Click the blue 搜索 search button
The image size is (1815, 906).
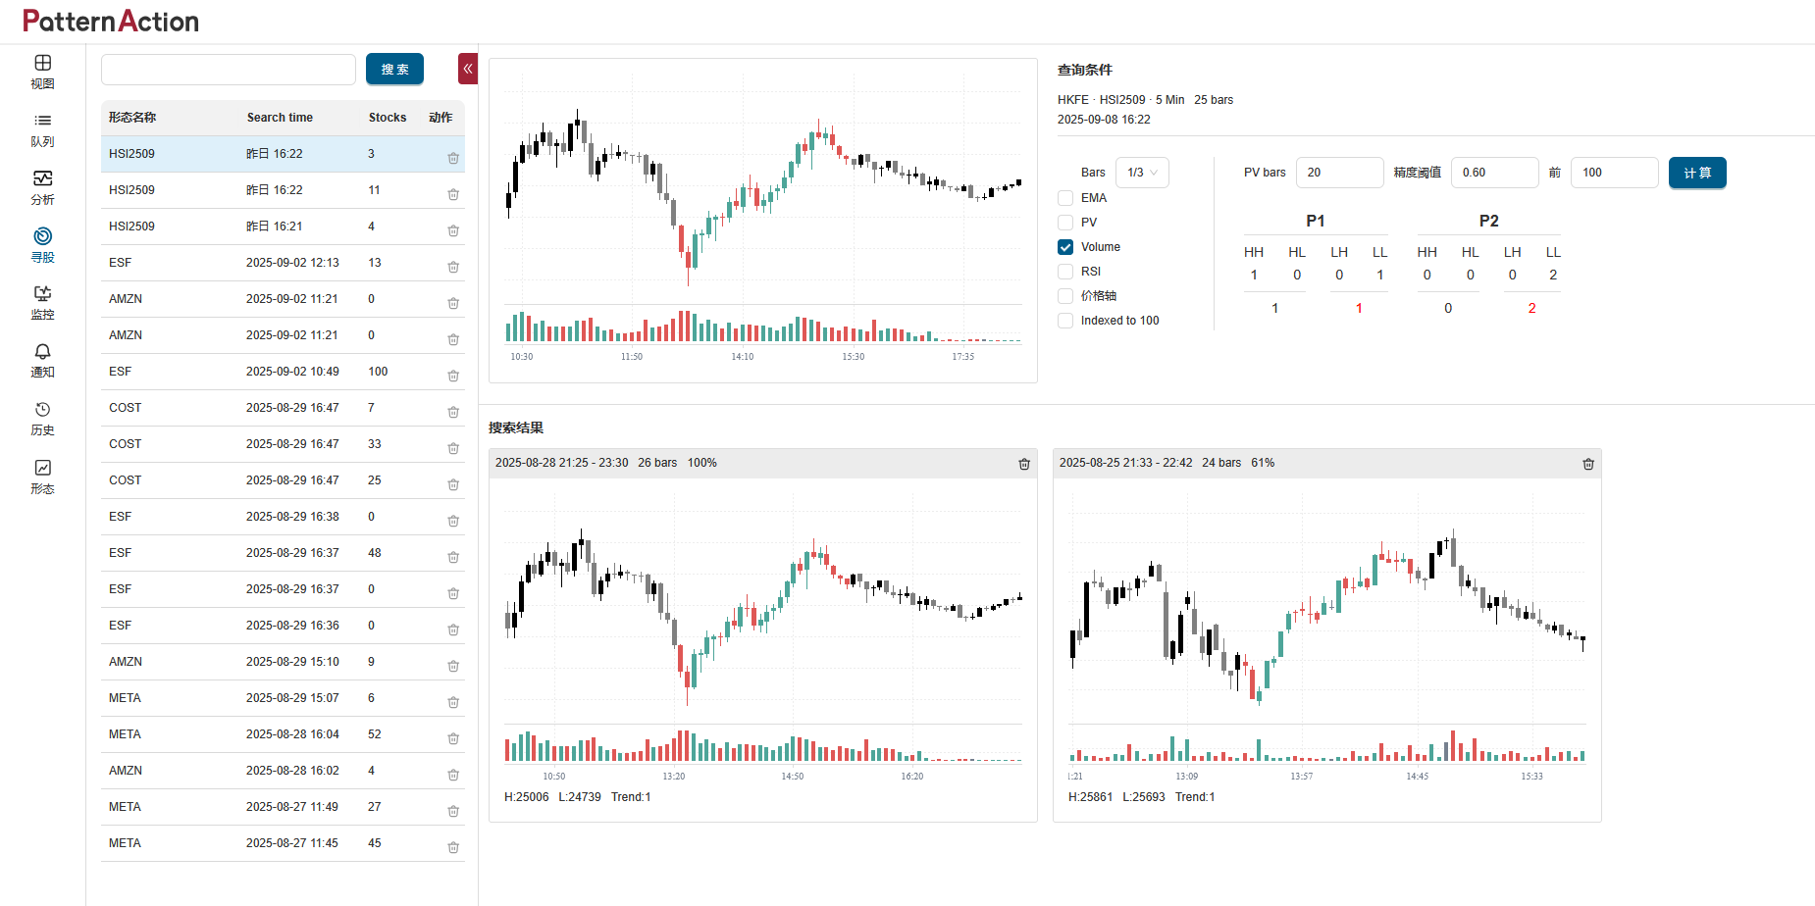click(394, 70)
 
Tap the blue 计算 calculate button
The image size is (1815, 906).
click(1697, 173)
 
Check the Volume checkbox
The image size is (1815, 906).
click(1065, 247)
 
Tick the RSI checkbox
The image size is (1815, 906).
click(1065, 272)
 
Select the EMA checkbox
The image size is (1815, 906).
click(1065, 198)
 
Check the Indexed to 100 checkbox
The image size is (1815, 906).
click(1065, 321)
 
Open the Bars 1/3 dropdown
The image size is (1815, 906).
click(1142, 173)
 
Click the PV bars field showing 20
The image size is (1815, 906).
click(1339, 173)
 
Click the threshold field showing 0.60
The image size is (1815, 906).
click(1494, 173)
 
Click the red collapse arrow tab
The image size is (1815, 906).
click(468, 69)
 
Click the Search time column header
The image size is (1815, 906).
click(280, 118)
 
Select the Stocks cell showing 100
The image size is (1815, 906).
click(378, 372)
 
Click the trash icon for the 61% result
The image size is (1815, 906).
click(1588, 464)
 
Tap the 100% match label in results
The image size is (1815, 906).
click(701, 463)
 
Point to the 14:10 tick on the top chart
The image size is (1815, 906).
click(743, 357)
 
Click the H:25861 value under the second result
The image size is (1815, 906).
click(1090, 797)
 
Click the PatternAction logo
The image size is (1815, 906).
click(111, 22)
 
